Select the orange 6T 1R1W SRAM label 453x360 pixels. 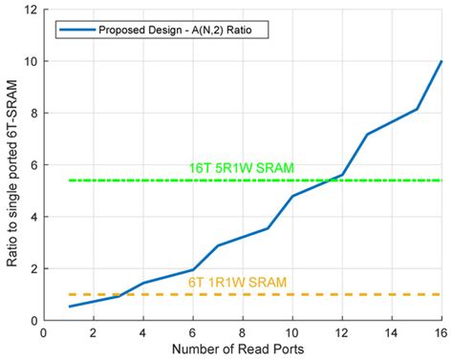tap(236, 282)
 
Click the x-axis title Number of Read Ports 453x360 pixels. tap(242, 350)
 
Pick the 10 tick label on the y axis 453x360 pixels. tap(31, 61)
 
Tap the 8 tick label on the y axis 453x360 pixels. tap(33, 113)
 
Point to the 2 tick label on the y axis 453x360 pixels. tap(33, 268)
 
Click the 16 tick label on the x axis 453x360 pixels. tap(442, 332)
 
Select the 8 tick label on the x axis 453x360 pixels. tap(242, 332)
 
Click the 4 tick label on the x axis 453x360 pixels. tap(142, 332)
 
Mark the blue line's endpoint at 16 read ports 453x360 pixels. tap(442, 61)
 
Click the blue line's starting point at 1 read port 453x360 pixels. tap(68, 307)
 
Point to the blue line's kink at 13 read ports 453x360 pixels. tap(367, 135)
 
